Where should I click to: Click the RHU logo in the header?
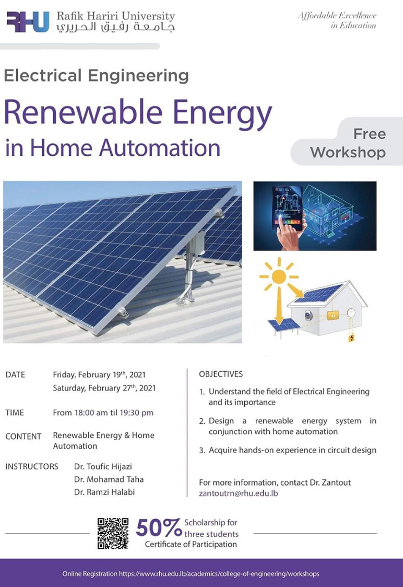[28, 22]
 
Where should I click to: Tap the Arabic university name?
[115, 27]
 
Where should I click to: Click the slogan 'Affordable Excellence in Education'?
[337, 20]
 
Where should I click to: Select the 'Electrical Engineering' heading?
[97, 76]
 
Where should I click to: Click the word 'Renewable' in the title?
[83, 112]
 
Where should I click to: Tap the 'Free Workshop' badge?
[347, 143]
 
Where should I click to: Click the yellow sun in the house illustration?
[279, 277]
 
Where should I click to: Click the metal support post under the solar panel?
[189, 273]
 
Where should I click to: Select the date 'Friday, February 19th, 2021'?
[99, 375]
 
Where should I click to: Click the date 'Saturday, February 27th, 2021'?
[104, 388]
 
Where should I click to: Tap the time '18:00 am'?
[91, 412]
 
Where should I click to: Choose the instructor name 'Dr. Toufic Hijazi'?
[103, 466]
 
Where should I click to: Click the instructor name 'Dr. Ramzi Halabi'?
[104, 492]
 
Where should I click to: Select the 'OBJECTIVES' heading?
[221, 374]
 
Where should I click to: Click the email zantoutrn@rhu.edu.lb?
[239, 493]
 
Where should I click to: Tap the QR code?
[113, 534]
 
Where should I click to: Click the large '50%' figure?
[159, 528]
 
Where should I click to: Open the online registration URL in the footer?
[219, 573]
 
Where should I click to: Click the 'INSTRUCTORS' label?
[32, 466]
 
